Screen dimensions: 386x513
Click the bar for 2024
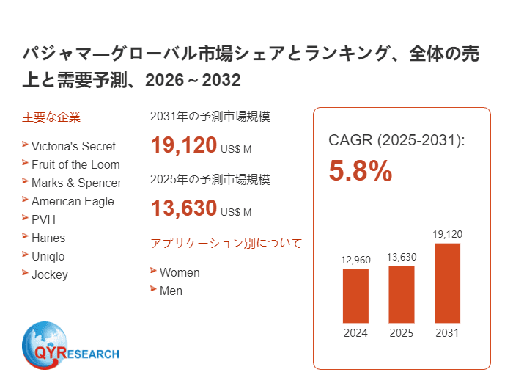(x=355, y=296)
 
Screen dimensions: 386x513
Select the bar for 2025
(x=401, y=294)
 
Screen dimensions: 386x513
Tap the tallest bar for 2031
(x=447, y=283)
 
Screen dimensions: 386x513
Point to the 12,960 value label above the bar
(x=355, y=260)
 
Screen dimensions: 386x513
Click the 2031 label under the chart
(x=447, y=333)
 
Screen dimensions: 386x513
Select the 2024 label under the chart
(x=355, y=333)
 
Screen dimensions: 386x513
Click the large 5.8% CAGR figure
(x=361, y=171)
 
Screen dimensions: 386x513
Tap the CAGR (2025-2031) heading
(x=396, y=140)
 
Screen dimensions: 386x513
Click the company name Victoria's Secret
(x=73, y=146)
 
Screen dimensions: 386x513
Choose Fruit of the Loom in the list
(x=75, y=164)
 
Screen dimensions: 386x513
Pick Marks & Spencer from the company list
(x=76, y=183)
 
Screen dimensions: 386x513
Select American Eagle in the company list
(x=73, y=201)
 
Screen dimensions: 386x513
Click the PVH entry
(x=43, y=219)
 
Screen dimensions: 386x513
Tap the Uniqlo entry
(x=48, y=256)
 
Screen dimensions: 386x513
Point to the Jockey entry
(x=49, y=274)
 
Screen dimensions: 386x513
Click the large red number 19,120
(x=184, y=145)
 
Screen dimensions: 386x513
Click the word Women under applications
(x=180, y=272)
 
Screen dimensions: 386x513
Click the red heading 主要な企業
(x=51, y=117)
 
